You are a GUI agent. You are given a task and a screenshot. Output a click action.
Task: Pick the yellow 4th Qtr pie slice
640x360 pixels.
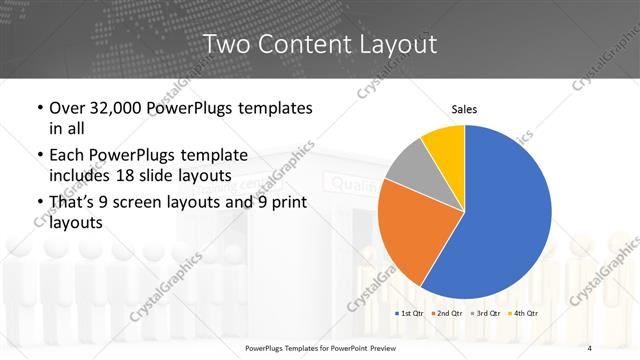click(443, 145)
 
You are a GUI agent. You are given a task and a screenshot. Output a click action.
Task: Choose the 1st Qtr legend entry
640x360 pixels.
click(409, 313)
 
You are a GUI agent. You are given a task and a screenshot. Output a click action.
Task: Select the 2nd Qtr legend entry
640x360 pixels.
click(447, 313)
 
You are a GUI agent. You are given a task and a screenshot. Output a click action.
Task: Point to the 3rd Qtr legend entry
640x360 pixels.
click(486, 313)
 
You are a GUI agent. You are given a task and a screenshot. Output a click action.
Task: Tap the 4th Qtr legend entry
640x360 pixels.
click(524, 313)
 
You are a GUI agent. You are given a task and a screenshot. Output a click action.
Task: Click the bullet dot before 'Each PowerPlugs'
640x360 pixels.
click(39, 156)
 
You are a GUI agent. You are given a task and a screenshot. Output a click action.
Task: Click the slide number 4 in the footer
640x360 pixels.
click(590, 347)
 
